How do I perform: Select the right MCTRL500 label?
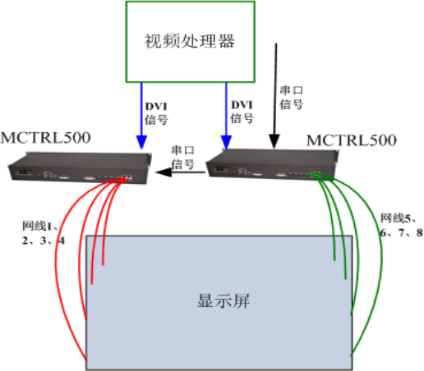[x=351, y=140]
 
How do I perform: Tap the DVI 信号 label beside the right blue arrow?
[x=242, y=112]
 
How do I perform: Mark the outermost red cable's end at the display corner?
[x=87, y=359]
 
